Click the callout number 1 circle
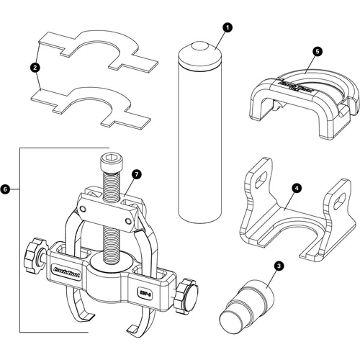[228, 28]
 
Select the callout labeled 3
[278, 265]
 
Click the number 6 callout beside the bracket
[6, 189]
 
